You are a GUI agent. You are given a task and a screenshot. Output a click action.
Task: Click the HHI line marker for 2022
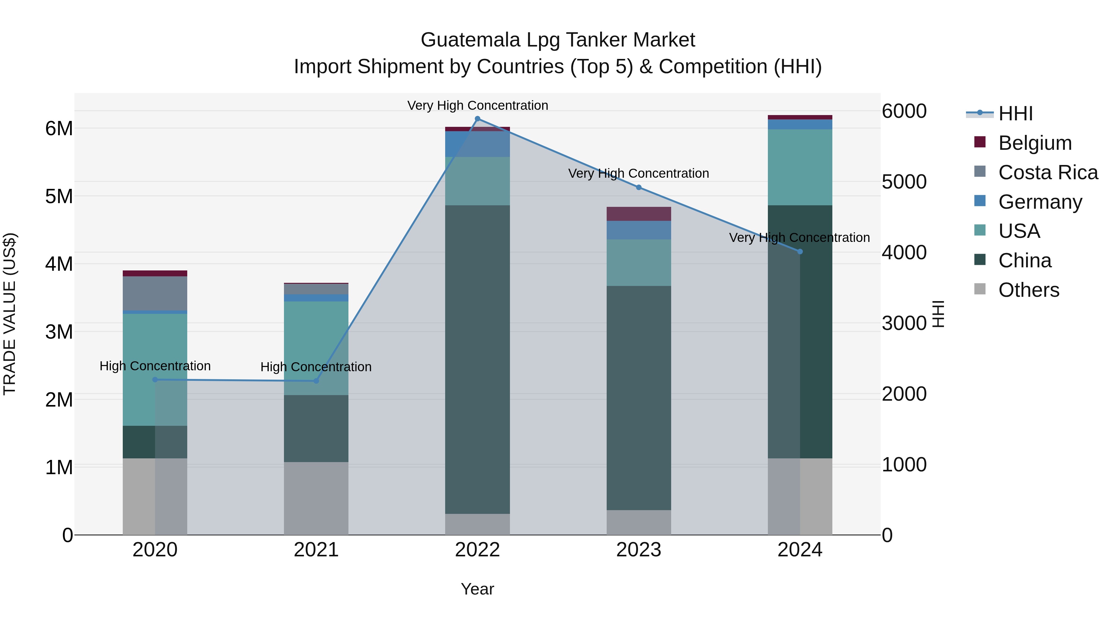coord(477,119)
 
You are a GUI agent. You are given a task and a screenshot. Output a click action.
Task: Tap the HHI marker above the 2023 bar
coord(639,187)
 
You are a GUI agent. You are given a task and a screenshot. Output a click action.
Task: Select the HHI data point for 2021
coord(316,381)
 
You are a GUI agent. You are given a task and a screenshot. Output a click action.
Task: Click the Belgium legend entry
coord(1034,143)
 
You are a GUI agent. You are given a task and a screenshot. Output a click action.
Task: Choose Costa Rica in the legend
coord(1047,172)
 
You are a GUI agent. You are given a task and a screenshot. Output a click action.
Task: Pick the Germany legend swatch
coord(980,201)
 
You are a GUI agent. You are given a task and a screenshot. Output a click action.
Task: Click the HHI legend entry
coord(1015,114)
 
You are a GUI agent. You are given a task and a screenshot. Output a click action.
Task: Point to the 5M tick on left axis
coord(59,196)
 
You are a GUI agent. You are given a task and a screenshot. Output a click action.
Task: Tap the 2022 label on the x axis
coord(477,550)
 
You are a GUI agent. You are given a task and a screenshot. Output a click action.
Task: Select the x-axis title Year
coord(477,589)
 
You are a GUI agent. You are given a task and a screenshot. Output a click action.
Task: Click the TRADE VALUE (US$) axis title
coord(10,314)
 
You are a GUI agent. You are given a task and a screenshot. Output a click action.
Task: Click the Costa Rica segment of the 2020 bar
coord(155,293)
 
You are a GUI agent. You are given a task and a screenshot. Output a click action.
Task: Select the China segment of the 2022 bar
coord(477,360)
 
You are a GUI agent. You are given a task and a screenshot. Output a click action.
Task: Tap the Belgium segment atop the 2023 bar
coord(639,214)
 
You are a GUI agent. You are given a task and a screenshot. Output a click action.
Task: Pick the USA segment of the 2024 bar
coord(800,167)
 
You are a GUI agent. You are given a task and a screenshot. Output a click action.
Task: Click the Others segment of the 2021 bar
coord(316,498)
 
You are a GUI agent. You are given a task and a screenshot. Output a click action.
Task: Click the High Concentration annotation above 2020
coord(155,366)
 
